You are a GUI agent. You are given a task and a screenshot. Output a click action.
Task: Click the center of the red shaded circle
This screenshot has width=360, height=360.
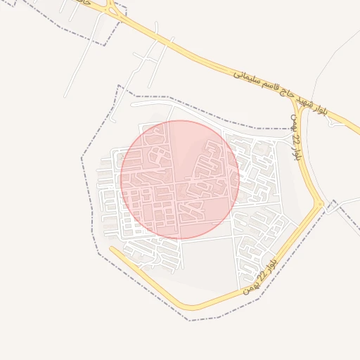coord(180,179)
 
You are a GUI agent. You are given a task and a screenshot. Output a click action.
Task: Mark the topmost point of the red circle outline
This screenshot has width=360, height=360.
coord(180,120)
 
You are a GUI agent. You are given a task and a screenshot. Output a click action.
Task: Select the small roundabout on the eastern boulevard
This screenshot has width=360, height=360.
coord(321,205)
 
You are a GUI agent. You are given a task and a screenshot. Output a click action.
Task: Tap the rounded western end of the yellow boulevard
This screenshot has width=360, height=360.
coord(112,249)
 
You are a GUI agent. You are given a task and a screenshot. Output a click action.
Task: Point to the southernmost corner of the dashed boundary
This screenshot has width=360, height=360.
coord(188,321)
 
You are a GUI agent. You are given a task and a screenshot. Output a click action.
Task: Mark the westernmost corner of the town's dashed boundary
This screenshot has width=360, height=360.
coord(82,159)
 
